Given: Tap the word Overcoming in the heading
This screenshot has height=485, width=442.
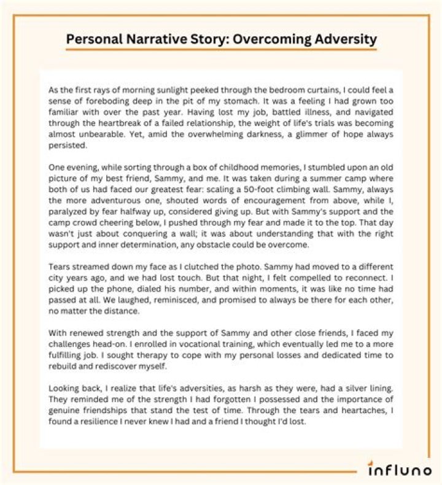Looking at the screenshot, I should [x=265, y=40].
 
